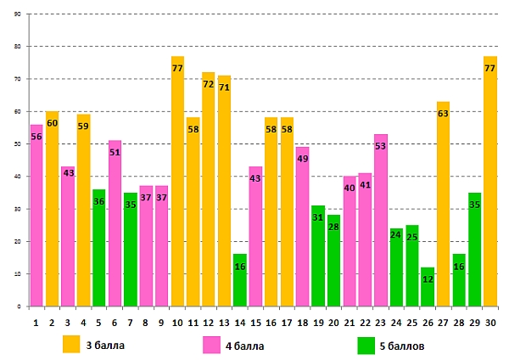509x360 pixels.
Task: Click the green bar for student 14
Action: click(x=240, y=284)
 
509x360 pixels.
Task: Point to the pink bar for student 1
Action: click(x=36, y=221)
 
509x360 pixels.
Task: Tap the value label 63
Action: click(x=444, y=113)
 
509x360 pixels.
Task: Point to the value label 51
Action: click(x=115, y=153)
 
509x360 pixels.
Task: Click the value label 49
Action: click(x=303, y=159)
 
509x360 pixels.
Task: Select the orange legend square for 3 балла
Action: click(x=71, y=344)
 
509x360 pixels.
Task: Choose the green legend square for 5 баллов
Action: click(x=366, y=345)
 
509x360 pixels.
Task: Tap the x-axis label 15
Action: click(x=255, y=321)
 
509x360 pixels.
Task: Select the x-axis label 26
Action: click(x=428, y=321)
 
